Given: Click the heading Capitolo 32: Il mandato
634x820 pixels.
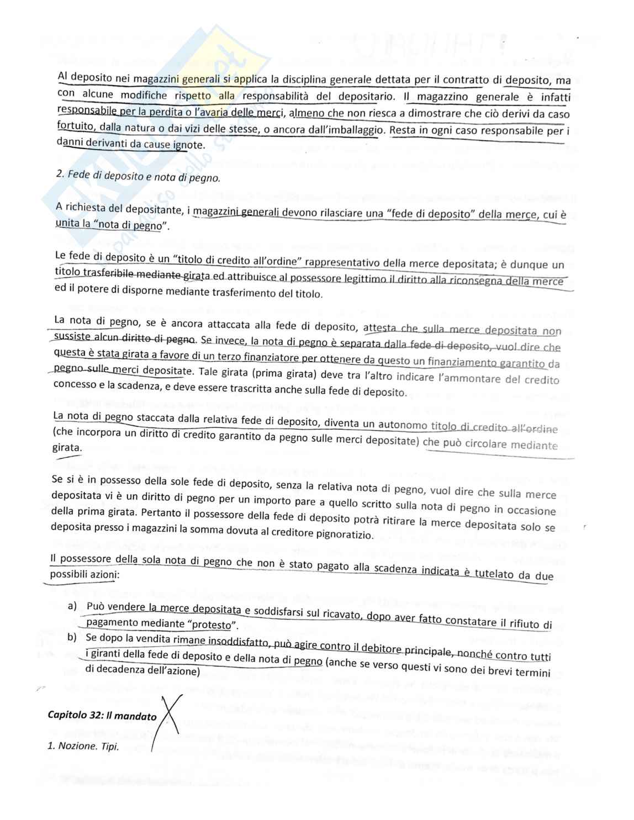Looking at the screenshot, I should click(x=102, y=717).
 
